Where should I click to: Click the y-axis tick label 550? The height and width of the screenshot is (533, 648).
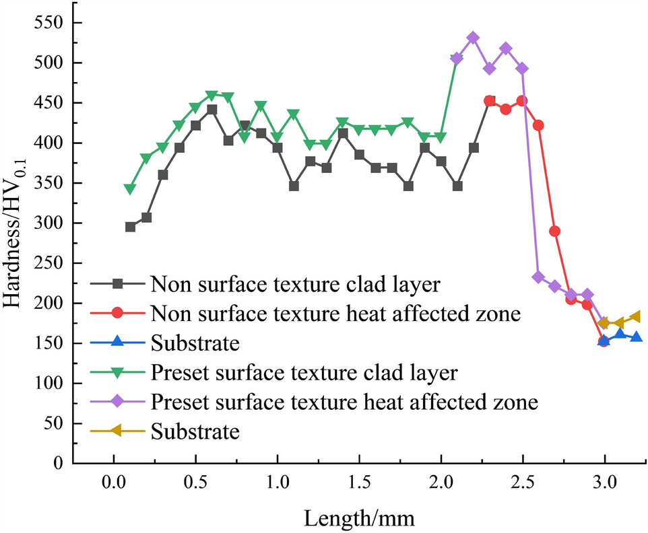48,24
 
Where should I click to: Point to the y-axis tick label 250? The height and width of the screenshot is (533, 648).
48,263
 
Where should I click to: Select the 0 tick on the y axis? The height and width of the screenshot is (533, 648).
59,464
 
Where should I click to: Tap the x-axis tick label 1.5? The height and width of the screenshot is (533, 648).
359,483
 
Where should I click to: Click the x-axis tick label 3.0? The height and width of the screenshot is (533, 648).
604,483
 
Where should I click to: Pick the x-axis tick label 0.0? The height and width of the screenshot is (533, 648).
113,483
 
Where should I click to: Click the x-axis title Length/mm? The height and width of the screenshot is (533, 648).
359,518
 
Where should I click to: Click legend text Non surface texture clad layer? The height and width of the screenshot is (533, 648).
296,283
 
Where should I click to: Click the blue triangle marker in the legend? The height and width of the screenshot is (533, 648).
116,343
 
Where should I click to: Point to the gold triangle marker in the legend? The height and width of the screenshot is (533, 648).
116,431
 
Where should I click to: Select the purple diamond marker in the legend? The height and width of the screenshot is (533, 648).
116,402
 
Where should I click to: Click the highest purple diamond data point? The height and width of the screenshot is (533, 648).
473,38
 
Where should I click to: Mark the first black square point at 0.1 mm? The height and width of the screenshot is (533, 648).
130,227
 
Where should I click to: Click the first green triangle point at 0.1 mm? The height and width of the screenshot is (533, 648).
130,189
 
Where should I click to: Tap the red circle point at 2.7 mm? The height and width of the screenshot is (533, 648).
554,231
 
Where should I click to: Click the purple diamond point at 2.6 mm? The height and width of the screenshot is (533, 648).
538,277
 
